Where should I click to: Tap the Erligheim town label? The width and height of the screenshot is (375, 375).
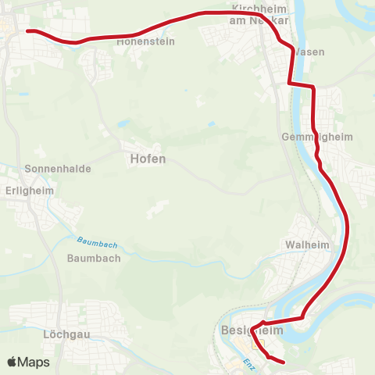pyautogui.click(x=27, y=188)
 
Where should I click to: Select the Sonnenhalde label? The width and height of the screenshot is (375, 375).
pyautogui.click(x=58, y=169)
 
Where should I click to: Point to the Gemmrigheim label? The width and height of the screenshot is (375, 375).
pyautogui.click(x=327, y=137)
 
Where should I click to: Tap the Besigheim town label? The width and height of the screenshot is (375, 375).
pyautogui.click(x=252, y=330)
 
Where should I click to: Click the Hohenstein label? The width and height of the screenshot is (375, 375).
pyautogui.click(x=145, y=43)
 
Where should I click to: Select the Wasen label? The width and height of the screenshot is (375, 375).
pyautogui.click(x=310, y=52)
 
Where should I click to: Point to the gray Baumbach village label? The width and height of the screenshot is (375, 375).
pyautogui.click(x=93, y=258)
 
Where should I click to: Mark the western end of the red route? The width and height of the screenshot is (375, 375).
pyautogui.click(x=28, y=31)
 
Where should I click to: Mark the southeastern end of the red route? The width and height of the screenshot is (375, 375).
pyautogui.click(x=284, y=362)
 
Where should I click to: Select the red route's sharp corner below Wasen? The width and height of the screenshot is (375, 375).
pyautogui.click(x=289, y=83)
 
